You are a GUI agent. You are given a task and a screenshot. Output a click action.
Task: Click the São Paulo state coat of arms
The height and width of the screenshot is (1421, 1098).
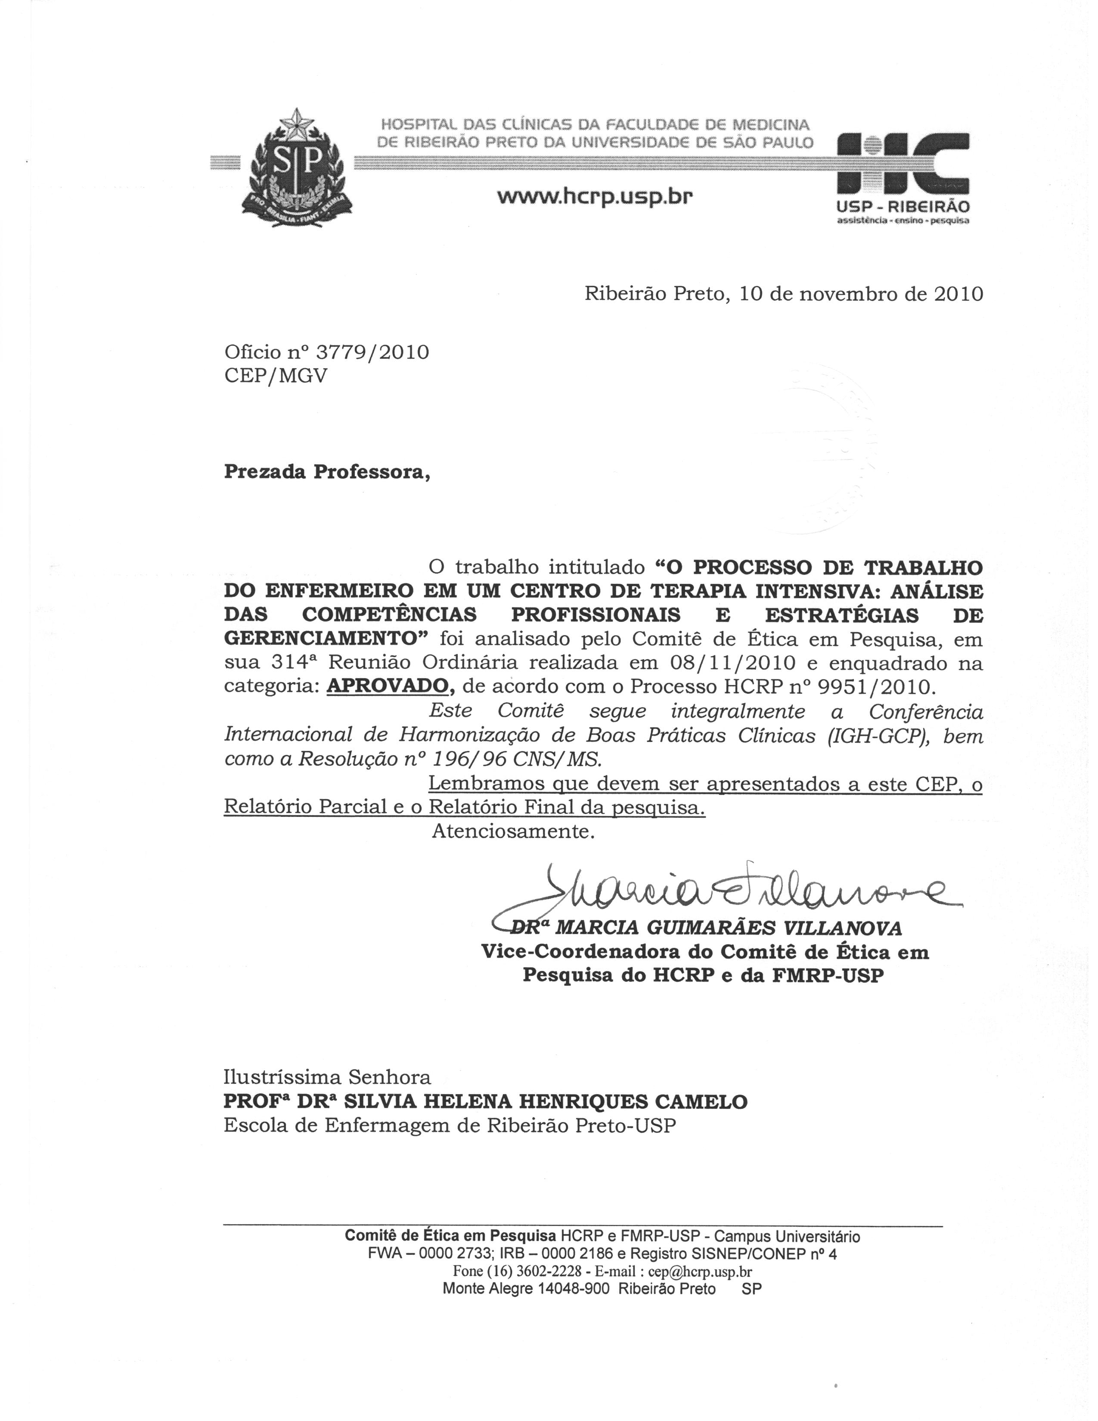pyautogui.click(x=297, y=171)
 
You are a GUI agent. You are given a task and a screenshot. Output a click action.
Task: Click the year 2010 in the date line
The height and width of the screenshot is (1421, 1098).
pyautogui.click(x=958, y=295)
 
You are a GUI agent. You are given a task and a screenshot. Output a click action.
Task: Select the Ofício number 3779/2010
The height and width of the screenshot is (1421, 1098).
pyautogui.click(x=372, y=353)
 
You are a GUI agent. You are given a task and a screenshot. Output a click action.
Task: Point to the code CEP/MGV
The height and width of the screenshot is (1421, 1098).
pyautogui.click(x=276, y=376)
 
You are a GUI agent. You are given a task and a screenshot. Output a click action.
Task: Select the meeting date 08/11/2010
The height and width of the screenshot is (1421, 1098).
pyautogui.click(x=732, y=663)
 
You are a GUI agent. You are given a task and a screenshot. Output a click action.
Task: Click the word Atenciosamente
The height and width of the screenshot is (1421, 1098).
pyautogui.click(x=513, y=831)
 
